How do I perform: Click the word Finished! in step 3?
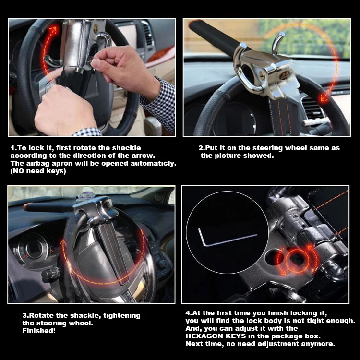(x=39, y=331)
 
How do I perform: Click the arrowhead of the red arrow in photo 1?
(x=53, y=30)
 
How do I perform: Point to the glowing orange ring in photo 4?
(x=297, y=261)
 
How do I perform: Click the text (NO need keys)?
(x=38, y=171)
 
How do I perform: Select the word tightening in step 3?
(x=122, y=315)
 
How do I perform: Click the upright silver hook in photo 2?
(x=277, y=42)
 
